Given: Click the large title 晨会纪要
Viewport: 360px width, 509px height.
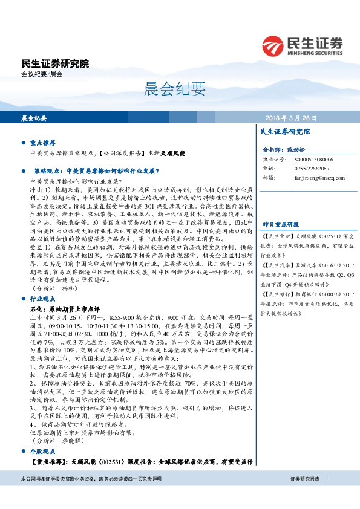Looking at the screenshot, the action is point(180,89).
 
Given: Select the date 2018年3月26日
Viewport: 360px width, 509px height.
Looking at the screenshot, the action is point(290,118).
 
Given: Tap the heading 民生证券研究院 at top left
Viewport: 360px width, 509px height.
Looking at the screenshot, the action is point(55,63).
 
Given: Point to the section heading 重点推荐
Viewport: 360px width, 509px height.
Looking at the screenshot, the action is point(43,143).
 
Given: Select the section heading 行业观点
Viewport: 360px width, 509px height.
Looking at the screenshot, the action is point(43,299).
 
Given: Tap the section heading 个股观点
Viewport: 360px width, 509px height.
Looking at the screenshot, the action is point(43,452).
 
